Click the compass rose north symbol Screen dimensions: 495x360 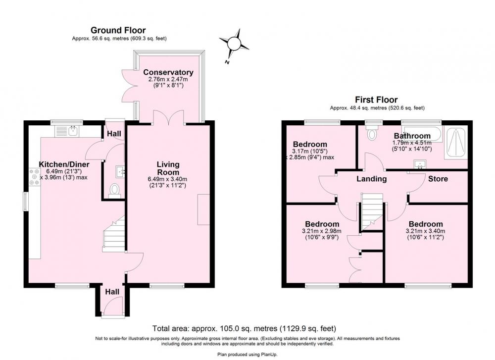coord(234,44)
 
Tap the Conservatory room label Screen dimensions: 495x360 coord(168,72)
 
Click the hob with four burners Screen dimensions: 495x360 coord(34,177)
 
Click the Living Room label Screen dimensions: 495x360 coord(168,168)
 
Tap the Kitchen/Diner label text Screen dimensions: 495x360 coord(64,164)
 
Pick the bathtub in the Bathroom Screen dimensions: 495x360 coord(421,134)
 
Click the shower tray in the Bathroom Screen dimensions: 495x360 coord(456,143)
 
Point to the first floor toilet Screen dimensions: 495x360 coord(373,133)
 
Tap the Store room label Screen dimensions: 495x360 coord(438,179)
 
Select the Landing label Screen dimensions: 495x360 coord(372,179)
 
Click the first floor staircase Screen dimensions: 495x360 coord(372,212)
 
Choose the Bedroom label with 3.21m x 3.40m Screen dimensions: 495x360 coord(425,224)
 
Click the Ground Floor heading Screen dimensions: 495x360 coord(118,30)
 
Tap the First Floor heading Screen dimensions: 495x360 coord(376,100)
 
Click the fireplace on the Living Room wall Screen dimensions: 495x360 coord(203,210)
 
